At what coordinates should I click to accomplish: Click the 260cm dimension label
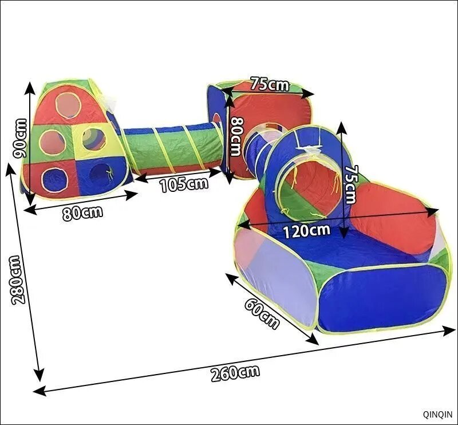coord(235,373)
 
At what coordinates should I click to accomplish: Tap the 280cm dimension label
coord(18,280)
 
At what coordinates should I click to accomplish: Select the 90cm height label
coord(21,139)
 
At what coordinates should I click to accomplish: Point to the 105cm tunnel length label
coord(184,185)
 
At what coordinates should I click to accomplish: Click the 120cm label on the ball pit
coord(307,231)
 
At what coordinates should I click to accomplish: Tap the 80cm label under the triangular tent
coord(82,213)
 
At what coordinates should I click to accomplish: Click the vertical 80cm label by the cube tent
coord(236,136)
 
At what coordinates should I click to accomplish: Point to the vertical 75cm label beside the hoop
coord(351,184)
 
